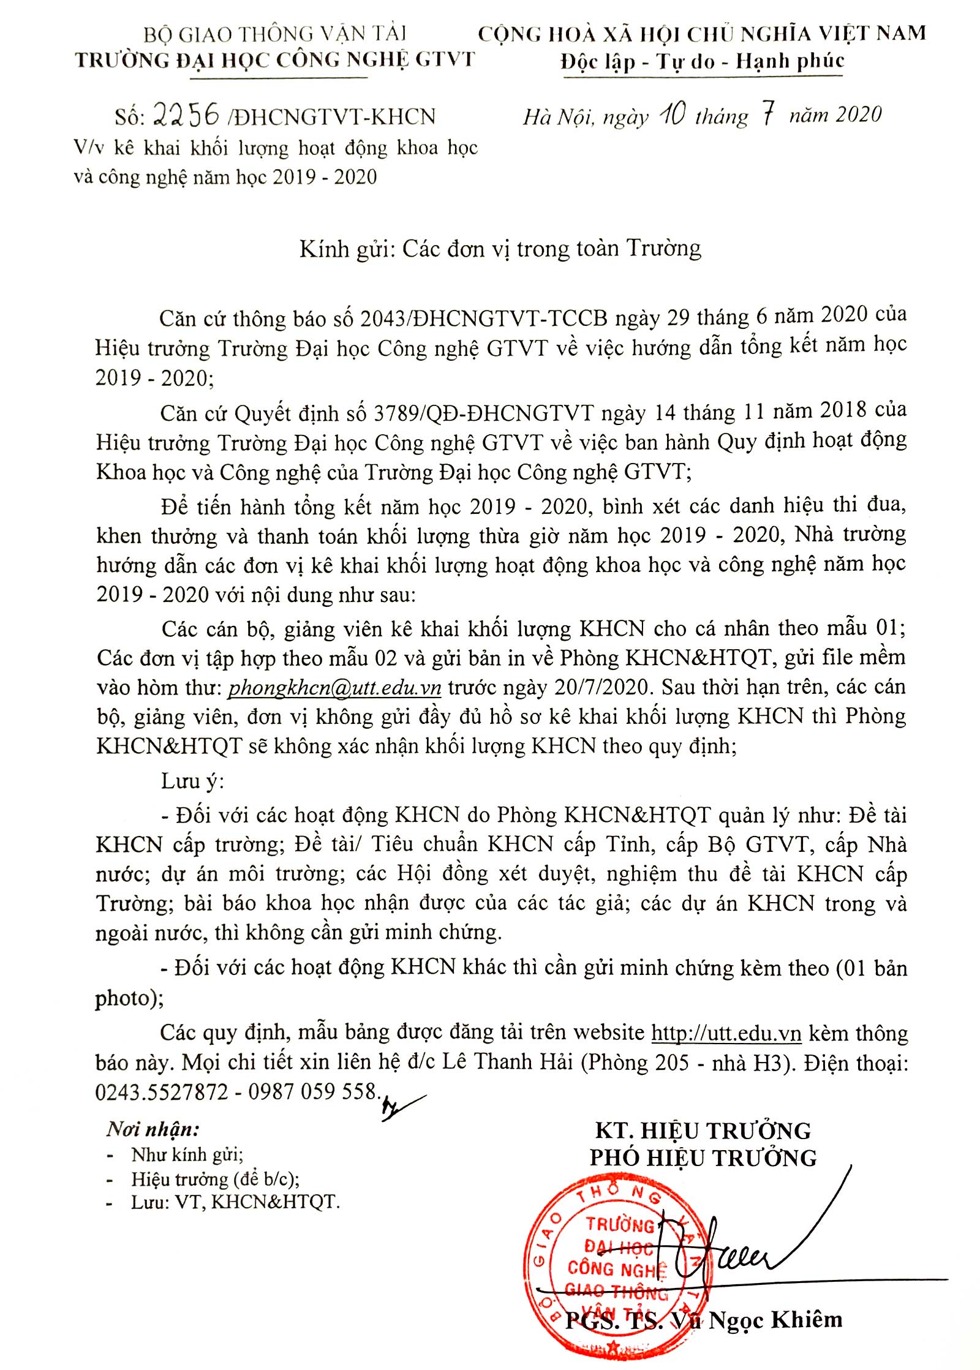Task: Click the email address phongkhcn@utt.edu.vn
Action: tap(334, 687)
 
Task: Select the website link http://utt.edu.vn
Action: tap(726, 1033)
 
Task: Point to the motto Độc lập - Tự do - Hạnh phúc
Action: tap(702, 61)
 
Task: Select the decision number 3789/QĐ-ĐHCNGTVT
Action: tap(484, 413)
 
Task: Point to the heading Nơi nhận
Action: tap(153, 1128)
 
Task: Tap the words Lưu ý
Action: tap(192, 781)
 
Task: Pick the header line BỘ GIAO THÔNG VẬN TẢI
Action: tap(275, 34)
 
